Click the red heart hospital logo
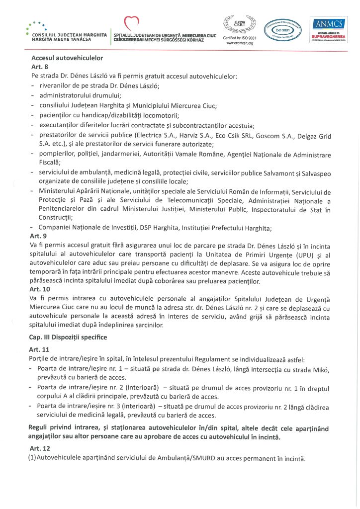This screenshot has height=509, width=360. (x=131, y=23)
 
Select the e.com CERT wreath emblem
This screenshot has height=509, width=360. (x=239, y=24)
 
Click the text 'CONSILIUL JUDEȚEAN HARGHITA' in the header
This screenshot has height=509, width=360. (x=69, y=35)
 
